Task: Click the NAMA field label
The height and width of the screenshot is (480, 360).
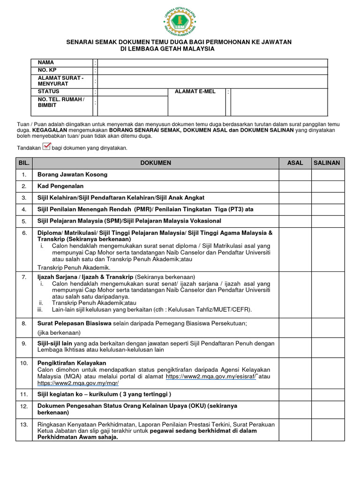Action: point(46,63)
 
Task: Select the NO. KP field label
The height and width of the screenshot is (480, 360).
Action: point(47,70)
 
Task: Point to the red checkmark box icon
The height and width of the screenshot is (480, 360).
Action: point(46,147)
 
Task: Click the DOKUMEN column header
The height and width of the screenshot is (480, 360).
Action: point(156,163)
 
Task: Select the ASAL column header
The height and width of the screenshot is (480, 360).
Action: point(295,163)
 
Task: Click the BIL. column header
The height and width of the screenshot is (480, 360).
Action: point(23,163)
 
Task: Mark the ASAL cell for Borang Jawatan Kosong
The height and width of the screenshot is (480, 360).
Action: point(295,175)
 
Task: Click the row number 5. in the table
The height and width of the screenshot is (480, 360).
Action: point(24,221)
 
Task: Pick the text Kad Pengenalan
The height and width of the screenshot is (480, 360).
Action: point(60,186)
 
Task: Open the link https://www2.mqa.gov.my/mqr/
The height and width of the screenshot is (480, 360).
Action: point(78,383)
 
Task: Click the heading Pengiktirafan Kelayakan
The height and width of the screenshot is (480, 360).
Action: point(72,363)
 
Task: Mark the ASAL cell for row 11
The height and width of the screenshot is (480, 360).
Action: point(295,394)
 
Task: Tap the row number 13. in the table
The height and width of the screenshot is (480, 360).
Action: point(24,425)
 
